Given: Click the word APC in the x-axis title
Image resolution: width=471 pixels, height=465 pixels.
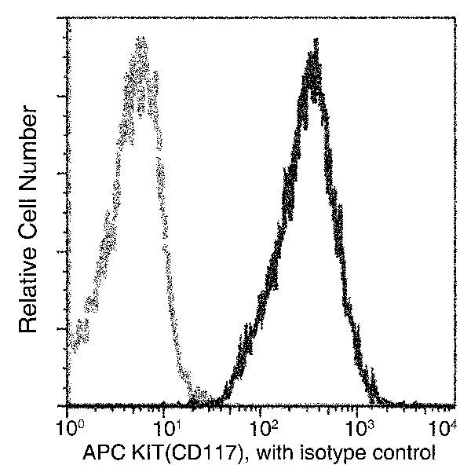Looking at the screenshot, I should click(101, 452).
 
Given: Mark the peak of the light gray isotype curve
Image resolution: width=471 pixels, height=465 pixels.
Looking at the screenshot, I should click(141, 39).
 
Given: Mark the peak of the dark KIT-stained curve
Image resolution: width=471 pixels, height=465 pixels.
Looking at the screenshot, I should click(313, 49).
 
